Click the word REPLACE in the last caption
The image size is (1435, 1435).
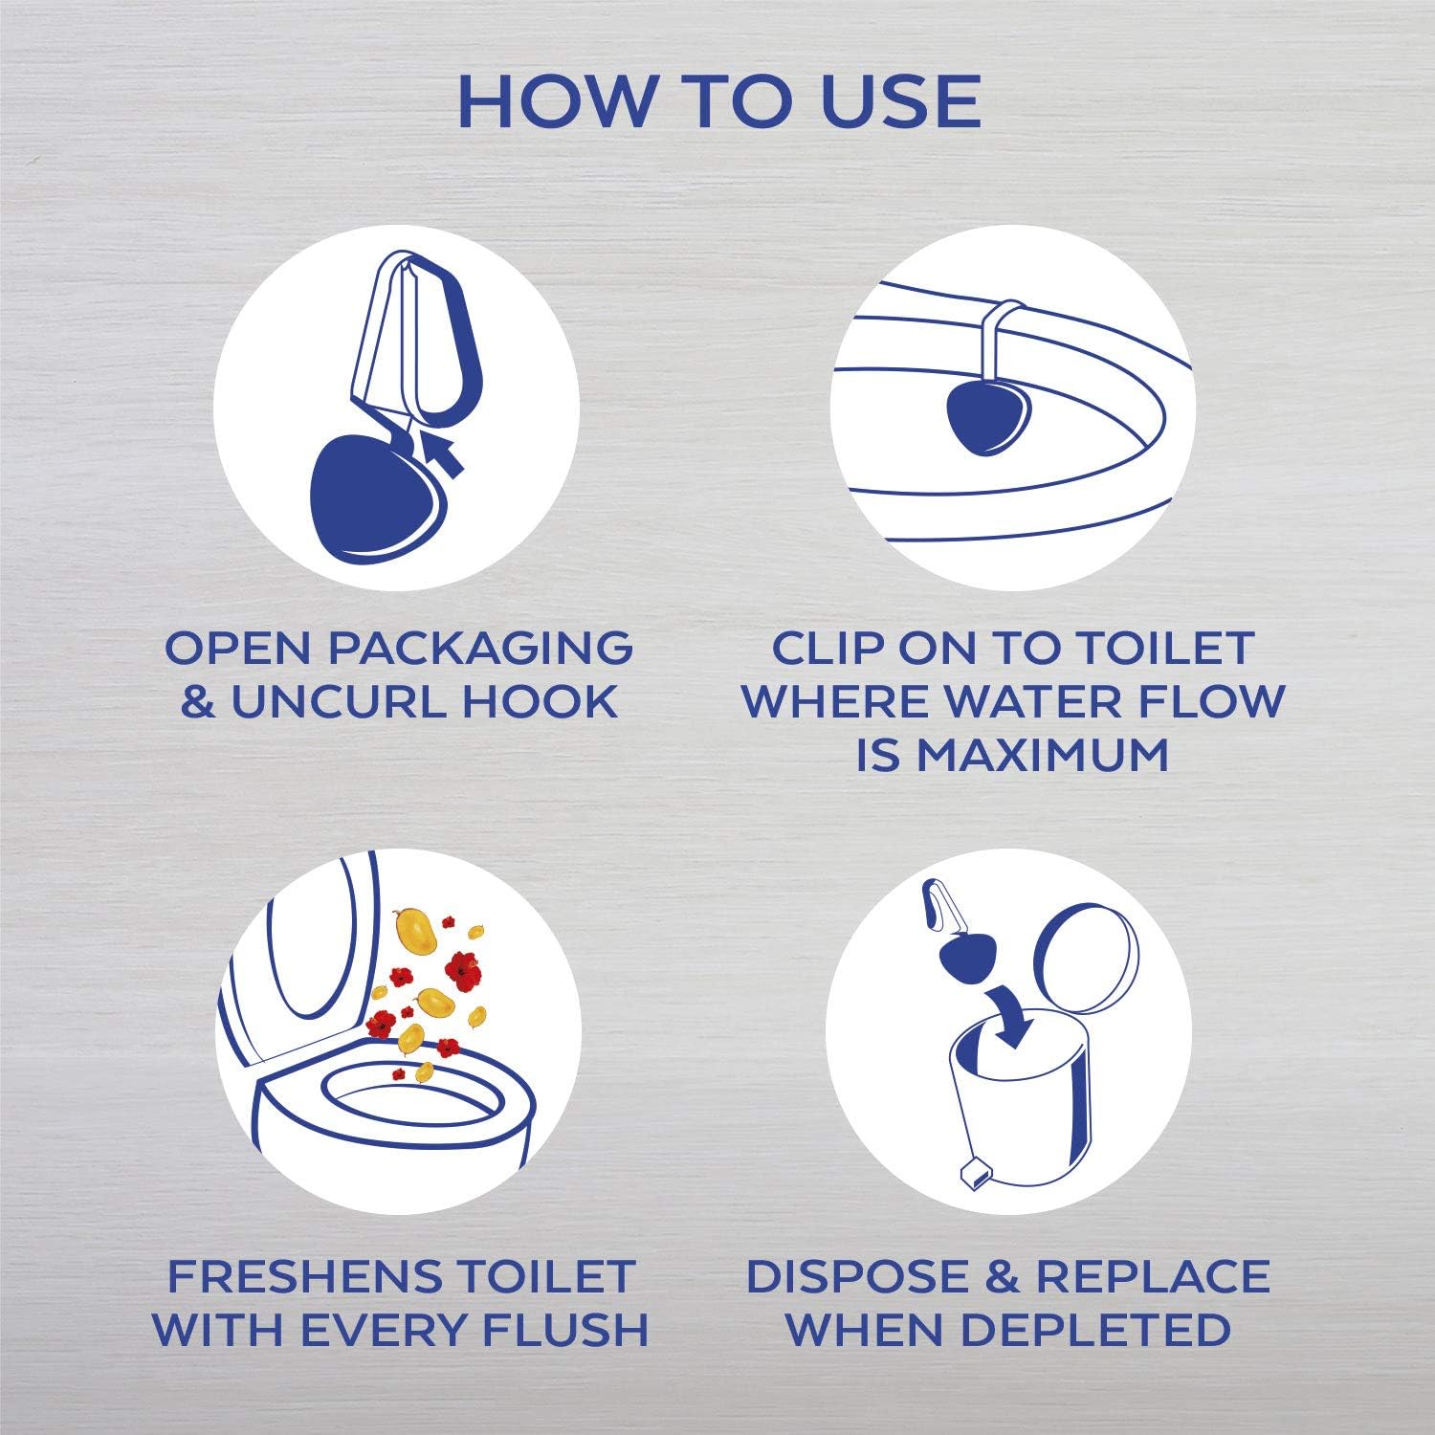pyautogui.click(x=1154, y=1276)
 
